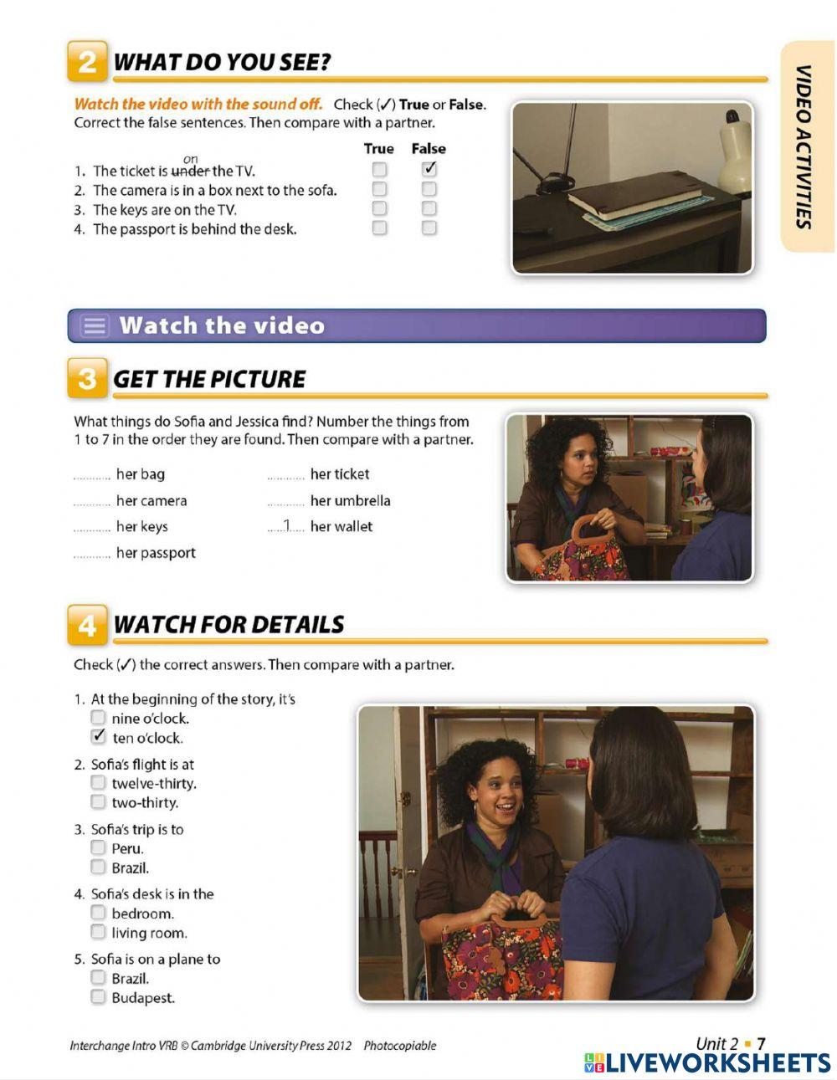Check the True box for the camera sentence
[x=379, y=190]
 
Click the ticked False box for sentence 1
[x=429, y=170]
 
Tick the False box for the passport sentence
[x=429, y=228]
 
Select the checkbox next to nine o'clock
[x=99, y=718]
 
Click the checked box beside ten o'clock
[x=99, y=737]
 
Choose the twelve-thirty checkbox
[x=99, y=783]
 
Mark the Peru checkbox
[x=99, y=847]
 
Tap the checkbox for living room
[x=99, y=932]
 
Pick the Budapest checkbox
[x=99, y=996]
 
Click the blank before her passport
[x=92, y=553]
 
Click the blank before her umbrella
[x=286, y=501]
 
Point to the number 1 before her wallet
[x=286, y=525]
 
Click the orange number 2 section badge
[x=87, y=62]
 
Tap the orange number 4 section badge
[x=87, y=625]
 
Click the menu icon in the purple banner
[x=95, y=325]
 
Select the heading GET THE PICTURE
[x=209, y=379]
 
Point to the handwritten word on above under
[x=191, y=159]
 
